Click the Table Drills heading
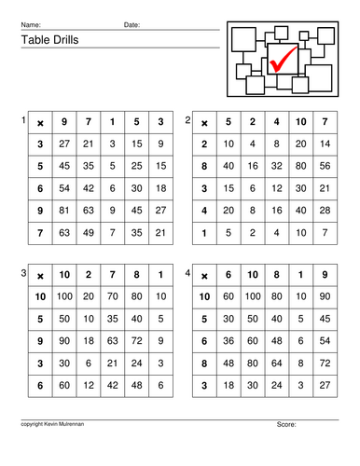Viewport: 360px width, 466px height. click(45, 40)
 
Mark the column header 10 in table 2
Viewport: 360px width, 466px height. click(299, 122)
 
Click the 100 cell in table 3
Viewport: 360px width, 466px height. click(64, 295)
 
